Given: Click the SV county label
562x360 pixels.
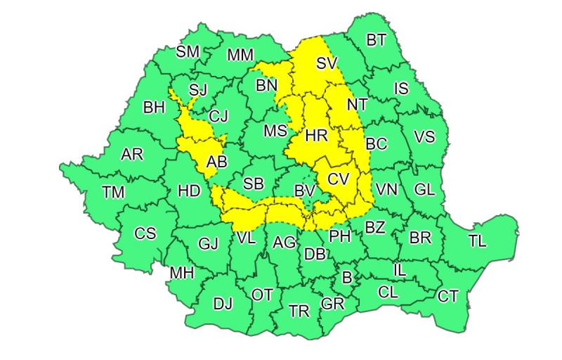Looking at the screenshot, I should pos(327,63).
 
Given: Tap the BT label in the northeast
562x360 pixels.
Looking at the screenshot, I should pos(377,39).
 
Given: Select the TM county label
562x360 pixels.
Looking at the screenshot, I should pos(113,191).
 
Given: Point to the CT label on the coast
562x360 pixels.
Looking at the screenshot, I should pos(448,296).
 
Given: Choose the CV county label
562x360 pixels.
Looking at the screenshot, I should pos(339,179).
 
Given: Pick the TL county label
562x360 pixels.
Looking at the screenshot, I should pos(477,241).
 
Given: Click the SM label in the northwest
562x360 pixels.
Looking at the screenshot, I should pos(188,51).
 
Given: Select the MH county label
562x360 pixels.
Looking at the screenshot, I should pos(182,273).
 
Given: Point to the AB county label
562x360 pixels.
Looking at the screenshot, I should pos(217,162).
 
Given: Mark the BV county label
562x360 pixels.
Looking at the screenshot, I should pos(304,191).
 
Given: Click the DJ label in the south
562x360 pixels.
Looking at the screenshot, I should pos(223,304).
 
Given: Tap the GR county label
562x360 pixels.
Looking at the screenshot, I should pos(332,304).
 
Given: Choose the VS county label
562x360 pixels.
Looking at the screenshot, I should pos(424,137).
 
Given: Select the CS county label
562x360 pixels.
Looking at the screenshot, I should pos(145,233).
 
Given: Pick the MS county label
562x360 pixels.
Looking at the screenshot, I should pos(275,131).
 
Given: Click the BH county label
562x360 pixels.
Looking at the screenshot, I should pos(154,108).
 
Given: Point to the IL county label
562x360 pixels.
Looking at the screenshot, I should pos(399,269).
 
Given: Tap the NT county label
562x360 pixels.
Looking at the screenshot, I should pos(358,104).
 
